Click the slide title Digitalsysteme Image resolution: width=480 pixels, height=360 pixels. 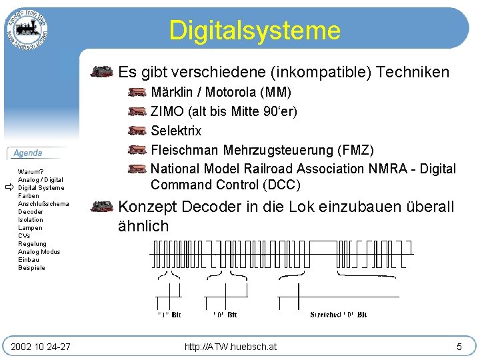tap(254, 31)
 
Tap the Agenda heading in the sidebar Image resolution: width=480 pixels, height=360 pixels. tap(28, 153)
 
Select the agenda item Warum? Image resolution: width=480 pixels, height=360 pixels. tap(31, 172)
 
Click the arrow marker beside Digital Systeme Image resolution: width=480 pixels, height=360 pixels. tap(9, 188)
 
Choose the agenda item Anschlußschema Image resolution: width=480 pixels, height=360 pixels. tap(43, 204)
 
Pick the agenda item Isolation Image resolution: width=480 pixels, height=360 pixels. tap(31, 220)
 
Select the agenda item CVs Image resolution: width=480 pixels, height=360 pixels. tap(24, 236)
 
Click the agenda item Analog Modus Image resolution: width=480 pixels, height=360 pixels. tap(39, 252)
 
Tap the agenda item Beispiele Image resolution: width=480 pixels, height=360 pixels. tap(32, 268)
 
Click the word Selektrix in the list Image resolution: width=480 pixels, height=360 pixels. tap(176, 131)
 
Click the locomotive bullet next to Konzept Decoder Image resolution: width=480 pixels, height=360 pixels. tap(102, 207)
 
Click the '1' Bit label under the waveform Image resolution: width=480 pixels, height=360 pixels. tap(169, 315)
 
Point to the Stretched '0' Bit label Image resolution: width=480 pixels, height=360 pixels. tap(338, 315)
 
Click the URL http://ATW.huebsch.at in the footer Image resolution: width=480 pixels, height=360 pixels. tap(231, 346)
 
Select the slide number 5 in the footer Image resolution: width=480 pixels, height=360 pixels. tap(459, 346)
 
